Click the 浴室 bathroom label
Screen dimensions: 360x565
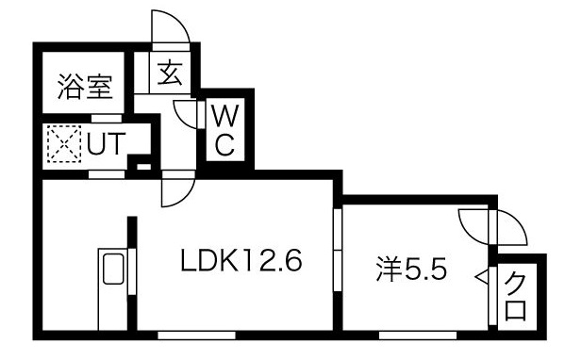point(86,88)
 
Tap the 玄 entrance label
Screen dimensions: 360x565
point(170,72)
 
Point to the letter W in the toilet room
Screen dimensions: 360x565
point(225,117)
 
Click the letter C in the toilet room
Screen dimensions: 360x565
point(225,144)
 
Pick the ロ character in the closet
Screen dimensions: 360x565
point(516,308)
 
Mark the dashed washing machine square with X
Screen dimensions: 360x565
point(63,146)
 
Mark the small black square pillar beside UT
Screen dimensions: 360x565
point(142,168)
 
